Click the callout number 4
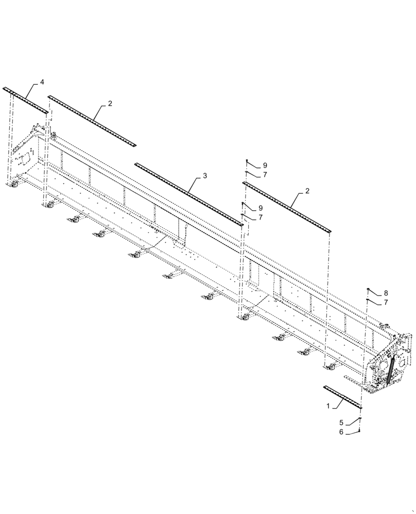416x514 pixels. point(42,82)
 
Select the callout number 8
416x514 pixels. point(386,293)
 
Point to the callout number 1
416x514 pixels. point(328,406)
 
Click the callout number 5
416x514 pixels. point(341,423)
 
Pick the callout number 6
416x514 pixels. point(341,433)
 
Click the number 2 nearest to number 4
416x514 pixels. point(110,104)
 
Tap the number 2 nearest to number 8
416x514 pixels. point(307,191)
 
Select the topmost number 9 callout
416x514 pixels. point(265,165)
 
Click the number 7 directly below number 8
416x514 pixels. point(386,303)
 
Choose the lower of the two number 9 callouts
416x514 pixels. point(261,208)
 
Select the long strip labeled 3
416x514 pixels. point(188,194)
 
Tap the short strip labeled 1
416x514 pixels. point(342,397)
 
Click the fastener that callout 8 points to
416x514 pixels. point(369,290)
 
